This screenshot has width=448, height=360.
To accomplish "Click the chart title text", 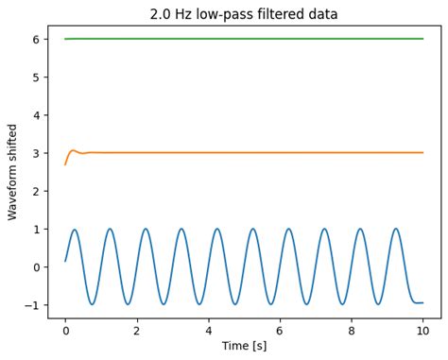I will click(x=244, y=14).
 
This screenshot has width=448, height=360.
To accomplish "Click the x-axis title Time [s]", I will click(x=244, y=346).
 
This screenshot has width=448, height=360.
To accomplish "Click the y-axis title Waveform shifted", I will click(x=13, y=172).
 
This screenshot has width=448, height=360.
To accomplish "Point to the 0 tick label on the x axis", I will click(x=65, y=332).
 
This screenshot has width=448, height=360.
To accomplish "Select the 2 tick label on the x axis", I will click(x=137, y=332).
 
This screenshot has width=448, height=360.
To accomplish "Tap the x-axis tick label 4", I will click(x=208, y=332).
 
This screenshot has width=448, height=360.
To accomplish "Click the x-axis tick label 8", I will click(x=352, y=332).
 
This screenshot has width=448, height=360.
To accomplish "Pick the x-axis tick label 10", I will click(x=422, y=332).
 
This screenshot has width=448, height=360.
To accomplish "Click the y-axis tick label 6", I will click(x=36, y=39).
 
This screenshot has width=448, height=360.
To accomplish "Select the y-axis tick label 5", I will click(x=36, y=77).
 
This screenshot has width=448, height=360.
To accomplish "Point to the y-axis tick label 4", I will click(x=36, y=115).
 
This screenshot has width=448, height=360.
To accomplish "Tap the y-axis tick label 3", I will click(x=36, y=153).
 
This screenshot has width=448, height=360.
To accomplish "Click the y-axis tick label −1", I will click(x=32, y=305).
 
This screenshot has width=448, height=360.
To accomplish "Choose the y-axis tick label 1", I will click(x=36, y=229).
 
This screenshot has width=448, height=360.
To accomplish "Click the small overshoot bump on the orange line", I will click(x=74, y=149).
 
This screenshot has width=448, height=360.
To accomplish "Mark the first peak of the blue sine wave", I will click(x=75, y=230).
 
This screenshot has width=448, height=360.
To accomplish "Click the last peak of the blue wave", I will click(x=396, y=229).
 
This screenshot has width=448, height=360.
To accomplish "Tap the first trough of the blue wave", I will click(x=92, y=304).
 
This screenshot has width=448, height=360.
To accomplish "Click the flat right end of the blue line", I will click(x=419, y=302).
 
